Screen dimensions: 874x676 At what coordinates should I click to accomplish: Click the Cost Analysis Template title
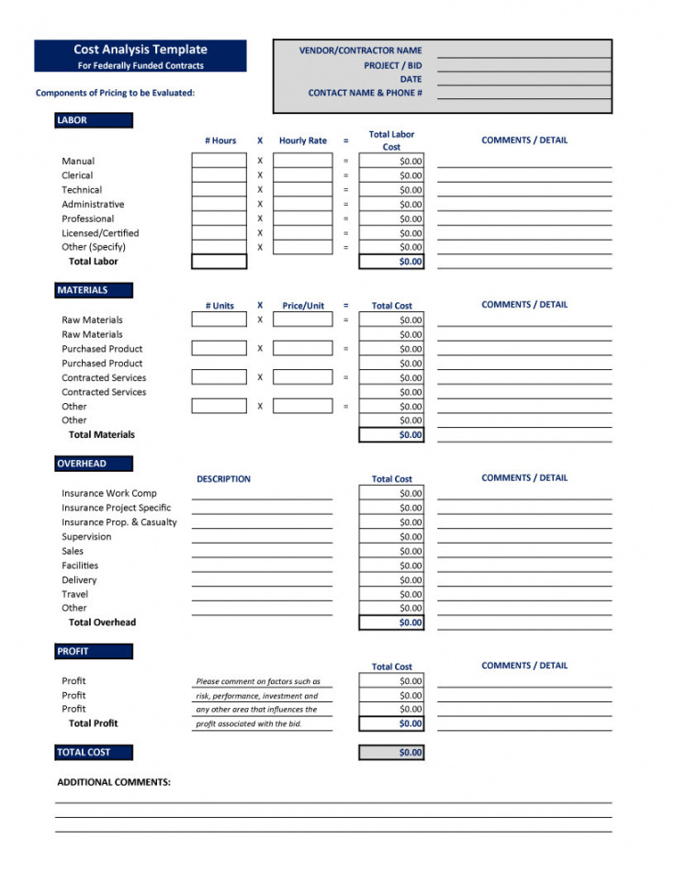[141, 50]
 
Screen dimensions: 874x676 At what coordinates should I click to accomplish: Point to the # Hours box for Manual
[219, 161]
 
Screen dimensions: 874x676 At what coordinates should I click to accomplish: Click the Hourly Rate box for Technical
[302, 190]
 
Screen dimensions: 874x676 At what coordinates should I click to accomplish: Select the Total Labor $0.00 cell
[391, 262]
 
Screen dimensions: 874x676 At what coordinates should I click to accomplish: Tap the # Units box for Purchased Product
[219, 349]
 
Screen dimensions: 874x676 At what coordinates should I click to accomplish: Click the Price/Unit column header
[303, 306]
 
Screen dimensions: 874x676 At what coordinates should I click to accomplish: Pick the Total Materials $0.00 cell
[391, 435]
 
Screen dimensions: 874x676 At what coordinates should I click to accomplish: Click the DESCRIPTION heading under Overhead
[223, 479]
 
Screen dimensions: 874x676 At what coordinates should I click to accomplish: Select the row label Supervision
[86, 537]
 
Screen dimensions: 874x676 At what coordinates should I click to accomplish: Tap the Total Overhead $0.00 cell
[391, 622]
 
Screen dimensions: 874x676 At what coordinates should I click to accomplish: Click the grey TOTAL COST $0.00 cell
[391, 752]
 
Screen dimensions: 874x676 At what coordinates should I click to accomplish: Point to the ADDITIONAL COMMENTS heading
[114, 782]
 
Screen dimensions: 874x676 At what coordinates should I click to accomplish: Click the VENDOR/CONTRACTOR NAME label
[360, 50]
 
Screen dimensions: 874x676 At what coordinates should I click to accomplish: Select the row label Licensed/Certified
[100, 233]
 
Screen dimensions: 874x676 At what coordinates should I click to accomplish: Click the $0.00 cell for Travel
[391, 594]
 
